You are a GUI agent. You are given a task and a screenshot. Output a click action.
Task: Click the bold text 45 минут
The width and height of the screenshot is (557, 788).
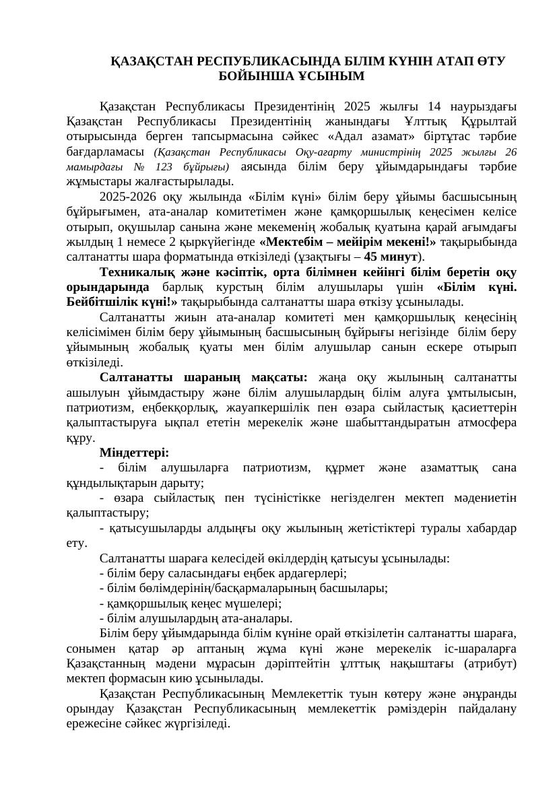391,257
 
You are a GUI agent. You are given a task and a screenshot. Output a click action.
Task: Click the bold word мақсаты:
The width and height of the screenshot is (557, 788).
279,377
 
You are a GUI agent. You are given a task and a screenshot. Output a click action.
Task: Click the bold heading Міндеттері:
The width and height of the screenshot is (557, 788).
134,453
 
